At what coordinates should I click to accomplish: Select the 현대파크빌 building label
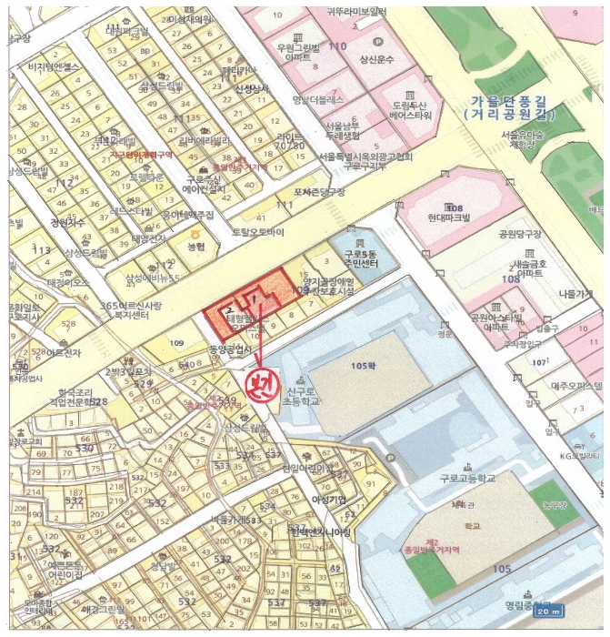[448, 218]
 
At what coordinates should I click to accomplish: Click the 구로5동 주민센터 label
[362, 258]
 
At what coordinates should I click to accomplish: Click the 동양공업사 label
[228, 349]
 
